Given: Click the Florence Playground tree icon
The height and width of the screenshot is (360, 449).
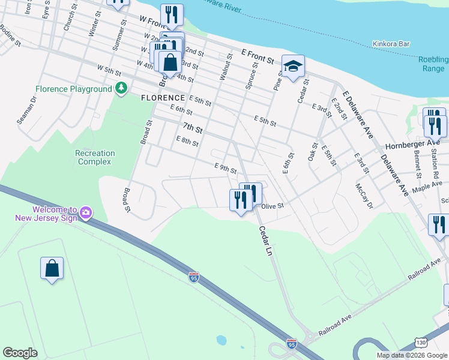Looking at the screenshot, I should point(121,89).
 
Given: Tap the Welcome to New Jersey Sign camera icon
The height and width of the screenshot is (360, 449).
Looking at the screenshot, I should point(85,212).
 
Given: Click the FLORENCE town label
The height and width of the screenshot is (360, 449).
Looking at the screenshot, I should point(163,98).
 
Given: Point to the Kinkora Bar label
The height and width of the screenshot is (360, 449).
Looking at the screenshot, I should point(391,44).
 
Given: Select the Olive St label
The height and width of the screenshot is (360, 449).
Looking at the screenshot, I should point(272,205).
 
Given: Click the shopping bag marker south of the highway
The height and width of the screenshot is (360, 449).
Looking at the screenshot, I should point(52,268).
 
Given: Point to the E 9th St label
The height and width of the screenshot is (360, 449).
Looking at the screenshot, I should point(226,167).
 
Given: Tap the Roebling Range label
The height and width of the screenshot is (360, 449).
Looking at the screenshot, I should point(435,64).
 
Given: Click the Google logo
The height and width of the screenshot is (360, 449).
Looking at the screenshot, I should point(20,353).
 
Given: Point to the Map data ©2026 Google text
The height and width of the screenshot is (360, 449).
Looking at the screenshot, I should point(412,355).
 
